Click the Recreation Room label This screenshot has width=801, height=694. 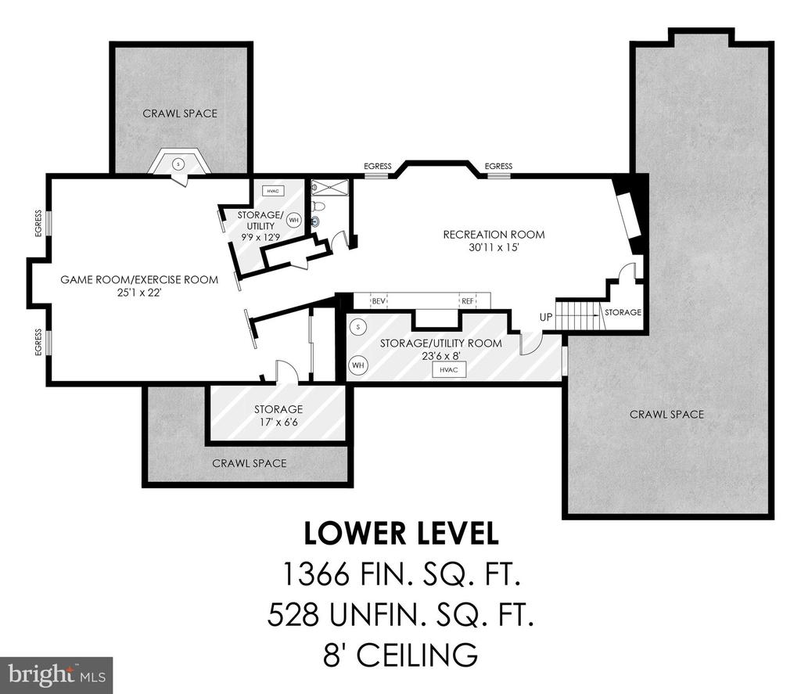pos(494,235)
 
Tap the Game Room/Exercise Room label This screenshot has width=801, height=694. pos(139,279)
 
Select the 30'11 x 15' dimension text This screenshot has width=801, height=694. pos(494,248)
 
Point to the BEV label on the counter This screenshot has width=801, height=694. pos(379,301)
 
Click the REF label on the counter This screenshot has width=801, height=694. pos(468,301)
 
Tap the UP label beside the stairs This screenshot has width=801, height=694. pos(546,317)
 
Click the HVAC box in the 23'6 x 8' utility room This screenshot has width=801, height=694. pos(449,369)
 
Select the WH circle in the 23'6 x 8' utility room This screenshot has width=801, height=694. pos(358,365)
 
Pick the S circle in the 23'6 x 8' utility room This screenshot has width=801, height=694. pos(358,327)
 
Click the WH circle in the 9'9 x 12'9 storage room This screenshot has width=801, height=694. pos(294,221)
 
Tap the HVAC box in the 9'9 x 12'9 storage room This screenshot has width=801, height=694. pos(273,191)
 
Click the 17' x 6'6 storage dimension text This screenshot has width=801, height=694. pos(278,423)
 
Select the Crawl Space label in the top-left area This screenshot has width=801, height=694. pos(180,113)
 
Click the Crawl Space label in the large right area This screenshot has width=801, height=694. pos(666,415)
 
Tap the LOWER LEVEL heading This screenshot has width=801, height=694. pos(401,534)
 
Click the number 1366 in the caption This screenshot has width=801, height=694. pos(316,574)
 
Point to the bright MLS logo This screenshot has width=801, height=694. pos(56,674)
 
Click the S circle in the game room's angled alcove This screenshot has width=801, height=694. pos(178,164)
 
